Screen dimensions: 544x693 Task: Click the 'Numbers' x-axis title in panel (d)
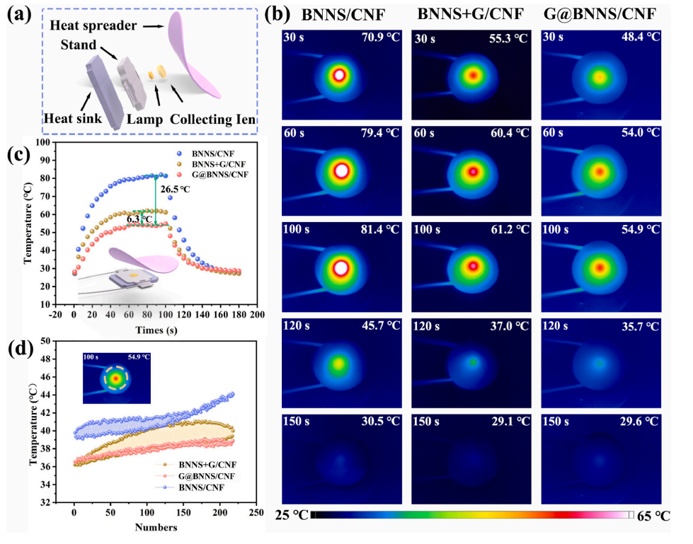pos(149,527)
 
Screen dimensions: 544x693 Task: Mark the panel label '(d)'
pos(17,350)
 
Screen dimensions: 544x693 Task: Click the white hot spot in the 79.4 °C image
pos(341,170)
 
